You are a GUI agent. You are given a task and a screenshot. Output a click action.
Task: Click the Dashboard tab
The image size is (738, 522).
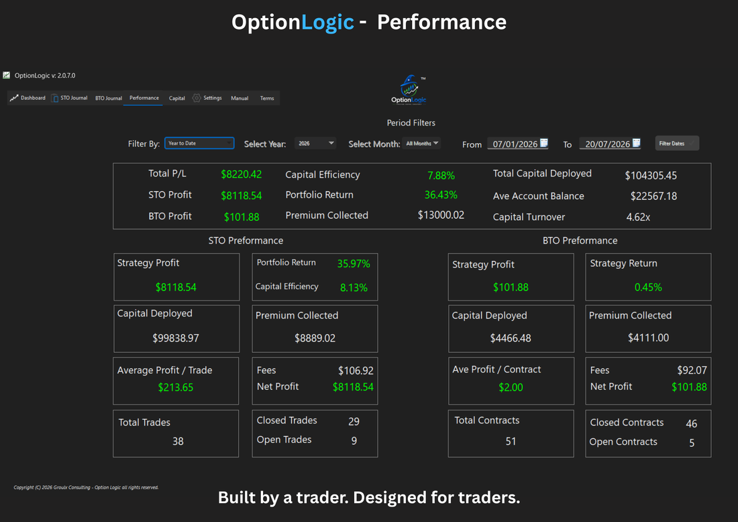click(28, 98)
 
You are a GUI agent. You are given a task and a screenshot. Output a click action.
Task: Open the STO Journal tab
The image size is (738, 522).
click(70, 98)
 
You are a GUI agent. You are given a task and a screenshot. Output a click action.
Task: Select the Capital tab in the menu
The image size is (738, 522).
click(177, 99)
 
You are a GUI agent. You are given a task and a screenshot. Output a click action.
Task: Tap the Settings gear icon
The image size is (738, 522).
click(197, 98)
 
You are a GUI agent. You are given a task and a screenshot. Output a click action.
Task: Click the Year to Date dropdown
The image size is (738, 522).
click(199, 143)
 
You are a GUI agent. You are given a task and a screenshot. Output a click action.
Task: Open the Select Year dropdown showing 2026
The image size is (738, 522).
click(315, 143)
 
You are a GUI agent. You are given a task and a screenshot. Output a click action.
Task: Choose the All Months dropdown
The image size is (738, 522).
click(422, 143)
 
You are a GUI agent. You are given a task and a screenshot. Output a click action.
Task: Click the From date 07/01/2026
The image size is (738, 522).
click(515, 144)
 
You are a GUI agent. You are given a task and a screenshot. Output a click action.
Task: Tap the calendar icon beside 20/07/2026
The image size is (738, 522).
click(636, 143)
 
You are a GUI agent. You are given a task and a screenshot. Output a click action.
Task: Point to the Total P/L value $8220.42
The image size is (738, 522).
click(242, 174)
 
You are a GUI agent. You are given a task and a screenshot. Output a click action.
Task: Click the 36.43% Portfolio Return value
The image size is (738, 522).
click(441, 195)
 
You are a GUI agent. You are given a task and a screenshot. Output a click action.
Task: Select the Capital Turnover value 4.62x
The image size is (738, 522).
click(638, 217)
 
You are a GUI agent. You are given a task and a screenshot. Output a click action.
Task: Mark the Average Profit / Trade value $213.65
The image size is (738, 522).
click(176, 387)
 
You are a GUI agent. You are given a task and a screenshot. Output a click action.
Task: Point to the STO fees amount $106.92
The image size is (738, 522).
click(356, 371)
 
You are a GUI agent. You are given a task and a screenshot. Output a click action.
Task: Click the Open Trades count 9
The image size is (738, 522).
click(354, 441)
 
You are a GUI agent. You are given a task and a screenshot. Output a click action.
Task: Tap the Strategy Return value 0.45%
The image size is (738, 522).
click(648, 287)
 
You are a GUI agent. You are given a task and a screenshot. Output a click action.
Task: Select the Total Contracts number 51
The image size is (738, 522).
click(511, 441)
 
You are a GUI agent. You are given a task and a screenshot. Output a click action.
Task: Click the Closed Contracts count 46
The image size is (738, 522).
click(692, 423)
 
